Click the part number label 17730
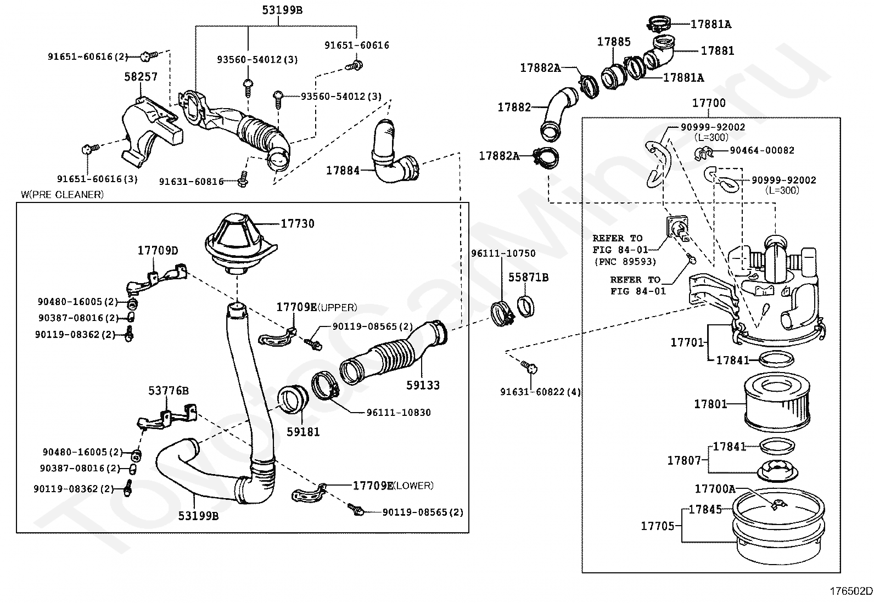(298, 224)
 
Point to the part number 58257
(141, 77)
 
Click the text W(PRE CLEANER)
(62, 194)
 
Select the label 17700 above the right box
(708, 103)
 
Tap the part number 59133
(423, 386)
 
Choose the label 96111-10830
(399, 413)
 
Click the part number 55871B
(528, 278)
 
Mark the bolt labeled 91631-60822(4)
(530, 368)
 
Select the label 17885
(614, 42)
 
